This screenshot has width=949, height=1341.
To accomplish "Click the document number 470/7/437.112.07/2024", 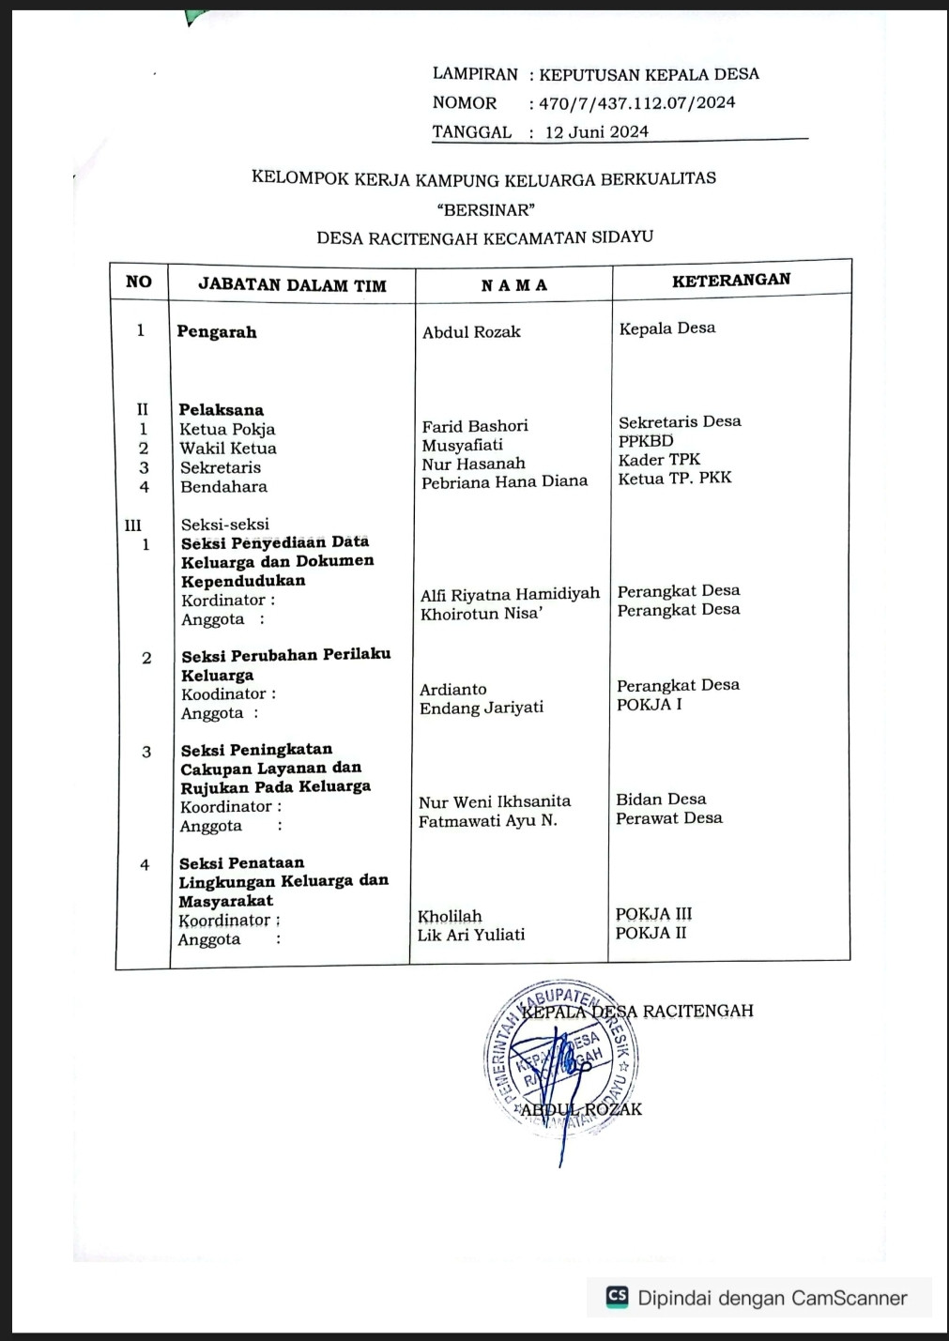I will pos(636,103).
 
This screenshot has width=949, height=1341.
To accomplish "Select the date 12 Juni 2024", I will pos(596,132).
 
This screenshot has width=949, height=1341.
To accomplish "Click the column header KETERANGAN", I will pos(731,280).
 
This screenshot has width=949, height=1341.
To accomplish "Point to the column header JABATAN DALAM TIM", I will pos(292,285).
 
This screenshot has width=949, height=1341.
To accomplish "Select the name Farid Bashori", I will pos(475,426).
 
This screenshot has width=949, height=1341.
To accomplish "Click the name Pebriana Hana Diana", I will pos(504,481).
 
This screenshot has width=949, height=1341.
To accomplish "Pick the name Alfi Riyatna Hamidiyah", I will pos(510,594).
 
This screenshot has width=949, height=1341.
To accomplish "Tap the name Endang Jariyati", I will pos(482,708).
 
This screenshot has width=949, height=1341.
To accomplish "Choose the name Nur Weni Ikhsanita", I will pos(495,801).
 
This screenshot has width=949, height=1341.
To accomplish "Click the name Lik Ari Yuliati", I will pos(471,935).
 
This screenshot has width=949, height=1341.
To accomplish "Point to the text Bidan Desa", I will pos(661,800).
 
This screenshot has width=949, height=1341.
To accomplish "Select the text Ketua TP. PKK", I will pos(674,479).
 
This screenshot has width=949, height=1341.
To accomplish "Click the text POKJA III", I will pos(654,914).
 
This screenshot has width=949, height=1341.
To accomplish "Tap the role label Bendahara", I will pos(223,487).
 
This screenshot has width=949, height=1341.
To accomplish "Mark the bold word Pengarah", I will pos(217,332).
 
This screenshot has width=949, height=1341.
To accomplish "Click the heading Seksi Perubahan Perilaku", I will pos(285,655).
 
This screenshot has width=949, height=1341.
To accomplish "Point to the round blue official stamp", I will pos(562,1056).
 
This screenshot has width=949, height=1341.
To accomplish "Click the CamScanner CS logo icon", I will pos(617,1297).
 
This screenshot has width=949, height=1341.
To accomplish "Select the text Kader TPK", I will pos(659,460).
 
